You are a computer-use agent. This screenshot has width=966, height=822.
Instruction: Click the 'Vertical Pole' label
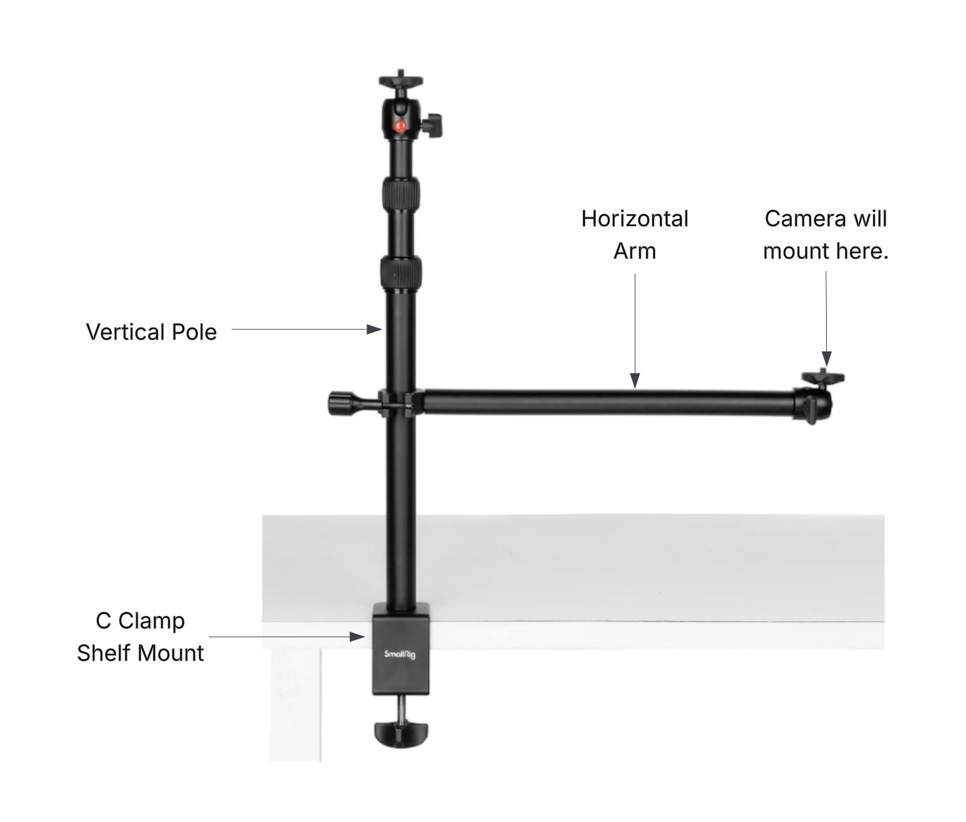click(x=151, y=332)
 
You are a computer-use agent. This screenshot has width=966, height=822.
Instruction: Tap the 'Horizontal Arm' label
click(x=635, y=235)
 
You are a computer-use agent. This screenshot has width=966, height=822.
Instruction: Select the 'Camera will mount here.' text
click(x=826, y=235)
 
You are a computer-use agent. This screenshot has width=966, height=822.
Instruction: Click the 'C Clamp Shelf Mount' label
click(x=140, y=637)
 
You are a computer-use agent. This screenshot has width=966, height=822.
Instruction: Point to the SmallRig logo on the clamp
click(x=399, y=654)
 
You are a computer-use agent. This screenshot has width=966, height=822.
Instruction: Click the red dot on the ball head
click(x=399, y=127)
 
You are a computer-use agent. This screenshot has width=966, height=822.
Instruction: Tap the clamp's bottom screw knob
click(x=401, y=734)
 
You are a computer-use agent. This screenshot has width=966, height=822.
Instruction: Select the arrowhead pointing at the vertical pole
click(x=374, y=329)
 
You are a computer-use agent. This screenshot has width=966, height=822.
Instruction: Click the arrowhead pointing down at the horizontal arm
click(x=635, y=381)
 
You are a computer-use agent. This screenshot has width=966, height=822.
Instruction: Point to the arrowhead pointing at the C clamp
click(x=357, y=637)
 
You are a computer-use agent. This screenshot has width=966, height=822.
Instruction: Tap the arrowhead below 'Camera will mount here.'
click(x=826, y=359)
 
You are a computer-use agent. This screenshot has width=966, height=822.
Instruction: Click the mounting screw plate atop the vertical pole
click(x=401, y=80)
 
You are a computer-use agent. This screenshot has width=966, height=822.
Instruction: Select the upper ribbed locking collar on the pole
click(x=401, y=194)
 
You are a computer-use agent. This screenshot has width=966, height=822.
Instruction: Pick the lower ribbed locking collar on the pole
click(x=401, y=273)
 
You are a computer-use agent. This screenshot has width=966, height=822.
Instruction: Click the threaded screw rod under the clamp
click(x=401, y=709)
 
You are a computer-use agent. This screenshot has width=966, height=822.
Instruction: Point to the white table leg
click(x=295, y=705)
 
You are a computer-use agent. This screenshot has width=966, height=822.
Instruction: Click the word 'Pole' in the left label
click(x=194, y=332)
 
